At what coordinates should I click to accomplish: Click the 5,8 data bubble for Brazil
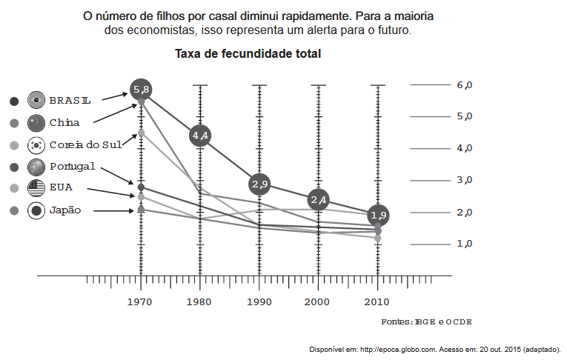pyautogui.click(x=141, y=90)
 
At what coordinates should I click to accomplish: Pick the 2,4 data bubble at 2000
pyautogui.click(x=319, y=200)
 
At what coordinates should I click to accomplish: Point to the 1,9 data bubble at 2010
pyautogui.click(x=379, y=216)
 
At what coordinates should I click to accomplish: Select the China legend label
pyautogui.click(x=64, y=122)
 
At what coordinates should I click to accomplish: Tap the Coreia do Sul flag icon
pyautogui.click(x=36, y=145)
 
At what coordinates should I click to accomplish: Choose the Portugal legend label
pyautogui.click(x=73, y=166)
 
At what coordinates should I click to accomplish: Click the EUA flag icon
pyautogui.click(x=36, y=188)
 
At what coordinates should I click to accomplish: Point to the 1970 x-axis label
pyautogui.click(x=141, y=301)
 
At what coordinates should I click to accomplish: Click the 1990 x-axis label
pyautogui.click(x=259, y=301)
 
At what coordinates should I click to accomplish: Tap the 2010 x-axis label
pyautogui.click(x=378, y=301)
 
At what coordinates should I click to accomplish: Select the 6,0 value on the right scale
pyautogui.click(x=465, y=85)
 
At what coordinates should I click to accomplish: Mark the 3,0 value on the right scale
pyautogui.click(x=465, y=180)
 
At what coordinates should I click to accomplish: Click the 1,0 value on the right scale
pyautogui.click(x=465, y=244)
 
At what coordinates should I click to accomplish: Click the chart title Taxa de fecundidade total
pyautogui.click(x=248, y=54)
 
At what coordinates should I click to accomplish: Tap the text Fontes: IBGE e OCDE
pyautogui.click(x=426, y=321)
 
